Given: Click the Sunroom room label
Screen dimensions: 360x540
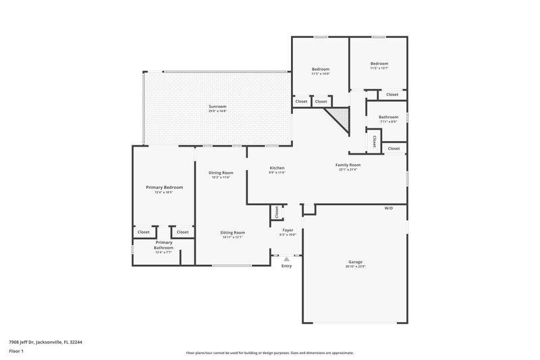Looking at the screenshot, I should point(217,106).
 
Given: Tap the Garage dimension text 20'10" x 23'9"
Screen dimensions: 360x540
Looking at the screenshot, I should point(356,266).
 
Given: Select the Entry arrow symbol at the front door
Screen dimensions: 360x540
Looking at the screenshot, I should point(287,258).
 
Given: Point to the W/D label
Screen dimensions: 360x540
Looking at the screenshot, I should point(389,208).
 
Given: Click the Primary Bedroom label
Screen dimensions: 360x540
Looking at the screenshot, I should point(165,187).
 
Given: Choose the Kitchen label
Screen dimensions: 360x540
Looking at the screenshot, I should point(277,168).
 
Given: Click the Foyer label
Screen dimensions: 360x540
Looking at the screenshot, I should point(288,230).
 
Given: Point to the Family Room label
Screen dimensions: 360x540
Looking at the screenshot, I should point(348,165).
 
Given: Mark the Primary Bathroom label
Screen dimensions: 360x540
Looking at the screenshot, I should point(164,245).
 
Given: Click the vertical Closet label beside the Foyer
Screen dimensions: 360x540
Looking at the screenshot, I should point(277,211).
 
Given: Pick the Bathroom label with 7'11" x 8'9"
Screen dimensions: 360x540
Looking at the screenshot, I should point(388,117).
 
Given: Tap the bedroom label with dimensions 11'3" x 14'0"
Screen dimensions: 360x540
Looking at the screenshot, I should point(321,69).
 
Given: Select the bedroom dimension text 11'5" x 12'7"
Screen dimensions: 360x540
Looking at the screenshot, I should point(379,68).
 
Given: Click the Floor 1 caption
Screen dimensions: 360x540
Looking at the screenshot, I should point(16,352).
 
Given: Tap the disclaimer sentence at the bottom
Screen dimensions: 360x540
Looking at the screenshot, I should point(269,353).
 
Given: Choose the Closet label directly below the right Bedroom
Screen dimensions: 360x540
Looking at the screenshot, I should point(392,95).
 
